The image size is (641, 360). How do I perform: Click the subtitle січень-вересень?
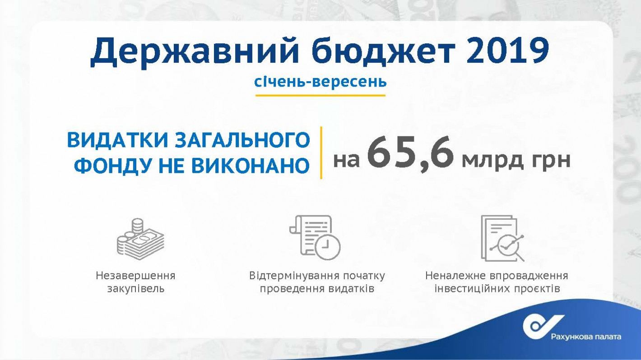tap(320, 82)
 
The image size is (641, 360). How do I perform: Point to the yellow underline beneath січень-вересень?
tap(320, 95)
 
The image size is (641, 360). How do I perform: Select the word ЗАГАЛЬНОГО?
tap(242, 140)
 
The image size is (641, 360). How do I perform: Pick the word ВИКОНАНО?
tap(251, 166)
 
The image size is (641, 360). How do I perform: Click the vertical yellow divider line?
tap(321, 152)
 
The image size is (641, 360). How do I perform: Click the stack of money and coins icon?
tap(140, 239)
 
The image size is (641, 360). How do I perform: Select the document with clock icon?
tap(315, 237)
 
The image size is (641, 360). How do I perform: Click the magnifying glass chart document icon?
tap(503, 238)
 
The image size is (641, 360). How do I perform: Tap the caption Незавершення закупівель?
tap(135, 282)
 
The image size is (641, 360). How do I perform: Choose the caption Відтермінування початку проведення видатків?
tap(317, 282)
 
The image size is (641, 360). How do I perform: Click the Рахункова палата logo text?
tap(586, 337)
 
